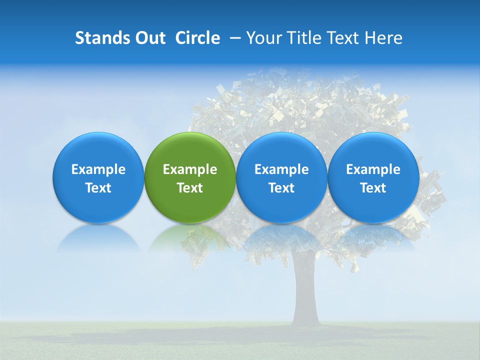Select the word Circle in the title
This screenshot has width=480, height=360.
[197, 38]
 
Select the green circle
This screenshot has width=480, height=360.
[190, 177]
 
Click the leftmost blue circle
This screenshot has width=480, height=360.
[98, 177]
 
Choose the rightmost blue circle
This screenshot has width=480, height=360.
[373, 177]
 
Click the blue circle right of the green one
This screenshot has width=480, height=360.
[281, 177]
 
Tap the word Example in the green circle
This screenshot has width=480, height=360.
[190, 169]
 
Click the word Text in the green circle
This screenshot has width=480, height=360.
[190, 188]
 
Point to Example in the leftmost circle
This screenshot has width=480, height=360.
[98, 169]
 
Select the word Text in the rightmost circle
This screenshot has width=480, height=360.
[373, 188]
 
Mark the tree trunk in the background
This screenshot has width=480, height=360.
[306, 295]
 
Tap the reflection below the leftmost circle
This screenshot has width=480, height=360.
[98, 237]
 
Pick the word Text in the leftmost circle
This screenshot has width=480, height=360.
[98, 188]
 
